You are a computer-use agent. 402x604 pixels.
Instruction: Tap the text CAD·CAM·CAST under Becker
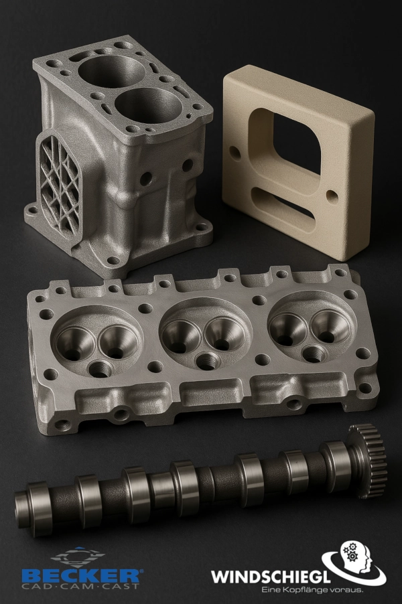tap(80, 587)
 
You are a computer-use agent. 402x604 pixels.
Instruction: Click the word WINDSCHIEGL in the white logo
tap(271, 577)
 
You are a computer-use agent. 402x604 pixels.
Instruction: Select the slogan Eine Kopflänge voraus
tap(312, 590)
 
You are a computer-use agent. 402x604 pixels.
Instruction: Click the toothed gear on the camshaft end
tap(368, 460)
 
